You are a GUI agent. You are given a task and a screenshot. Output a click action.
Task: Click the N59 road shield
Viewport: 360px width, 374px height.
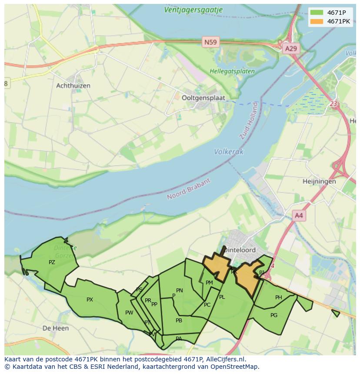click(x=211, y=42)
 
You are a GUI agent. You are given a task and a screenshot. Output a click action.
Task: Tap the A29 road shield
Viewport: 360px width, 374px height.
click(x=290, y=49)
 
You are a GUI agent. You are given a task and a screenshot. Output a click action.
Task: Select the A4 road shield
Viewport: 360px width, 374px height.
click(x=299, y=215)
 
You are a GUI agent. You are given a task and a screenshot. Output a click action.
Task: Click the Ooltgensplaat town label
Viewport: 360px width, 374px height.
click(x=203, y=98)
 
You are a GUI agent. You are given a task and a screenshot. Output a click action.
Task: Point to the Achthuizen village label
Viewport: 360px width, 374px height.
click(x=73, y=86)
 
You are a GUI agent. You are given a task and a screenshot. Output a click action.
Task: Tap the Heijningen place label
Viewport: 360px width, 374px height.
click(x=320, y=181)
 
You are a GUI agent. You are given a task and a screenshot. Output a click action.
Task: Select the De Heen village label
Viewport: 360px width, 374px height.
click(x=56, y=328)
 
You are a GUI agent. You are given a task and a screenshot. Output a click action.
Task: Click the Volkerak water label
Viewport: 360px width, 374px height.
click(x=229, y=152)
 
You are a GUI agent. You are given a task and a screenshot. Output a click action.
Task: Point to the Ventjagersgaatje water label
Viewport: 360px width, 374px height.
click(x=194, y=9)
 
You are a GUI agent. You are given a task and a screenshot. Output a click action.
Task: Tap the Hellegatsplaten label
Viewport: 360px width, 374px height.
click(x=226, y=71)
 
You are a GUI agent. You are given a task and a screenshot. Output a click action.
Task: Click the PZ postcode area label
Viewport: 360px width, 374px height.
click(x=52, y=262)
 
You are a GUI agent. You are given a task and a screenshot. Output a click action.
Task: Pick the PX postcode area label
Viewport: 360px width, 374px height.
click(x=90, y=300)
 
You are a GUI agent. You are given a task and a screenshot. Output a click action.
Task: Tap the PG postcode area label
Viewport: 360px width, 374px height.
click(x=274, y=315)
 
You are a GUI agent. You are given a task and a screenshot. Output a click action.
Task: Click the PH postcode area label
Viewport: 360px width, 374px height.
click(x=279, y=298)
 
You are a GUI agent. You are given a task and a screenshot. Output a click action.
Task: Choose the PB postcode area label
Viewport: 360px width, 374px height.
click(x=179, y=321)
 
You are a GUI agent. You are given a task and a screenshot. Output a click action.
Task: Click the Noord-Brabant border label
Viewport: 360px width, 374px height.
click(x=189, y=189)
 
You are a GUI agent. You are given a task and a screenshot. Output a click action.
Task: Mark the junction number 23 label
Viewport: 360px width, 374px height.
click(x=333, y=104)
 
